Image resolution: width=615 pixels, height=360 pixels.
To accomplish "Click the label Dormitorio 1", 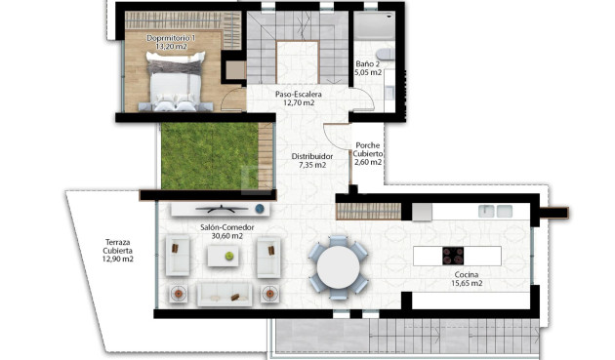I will [x=171, y=38].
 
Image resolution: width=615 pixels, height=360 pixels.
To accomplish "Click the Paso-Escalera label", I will [x=298, y=94].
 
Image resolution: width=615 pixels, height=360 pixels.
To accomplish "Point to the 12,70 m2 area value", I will [x=298, y=102].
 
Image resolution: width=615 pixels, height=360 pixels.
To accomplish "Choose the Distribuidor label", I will [x=312, y=156].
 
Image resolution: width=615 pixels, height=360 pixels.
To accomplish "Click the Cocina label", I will [x=468, y=274].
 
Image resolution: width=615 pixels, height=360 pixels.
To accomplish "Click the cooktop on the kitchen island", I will [x=453, y=257].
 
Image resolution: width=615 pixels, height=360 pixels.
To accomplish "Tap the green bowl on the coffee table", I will [x=229, y=256].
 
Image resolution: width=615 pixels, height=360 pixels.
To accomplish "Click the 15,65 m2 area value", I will [x=468, y=284].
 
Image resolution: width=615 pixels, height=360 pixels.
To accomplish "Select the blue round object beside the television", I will [x=260, y=209].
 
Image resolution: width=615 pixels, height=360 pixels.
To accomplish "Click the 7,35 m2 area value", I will [x=312, y=166].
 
